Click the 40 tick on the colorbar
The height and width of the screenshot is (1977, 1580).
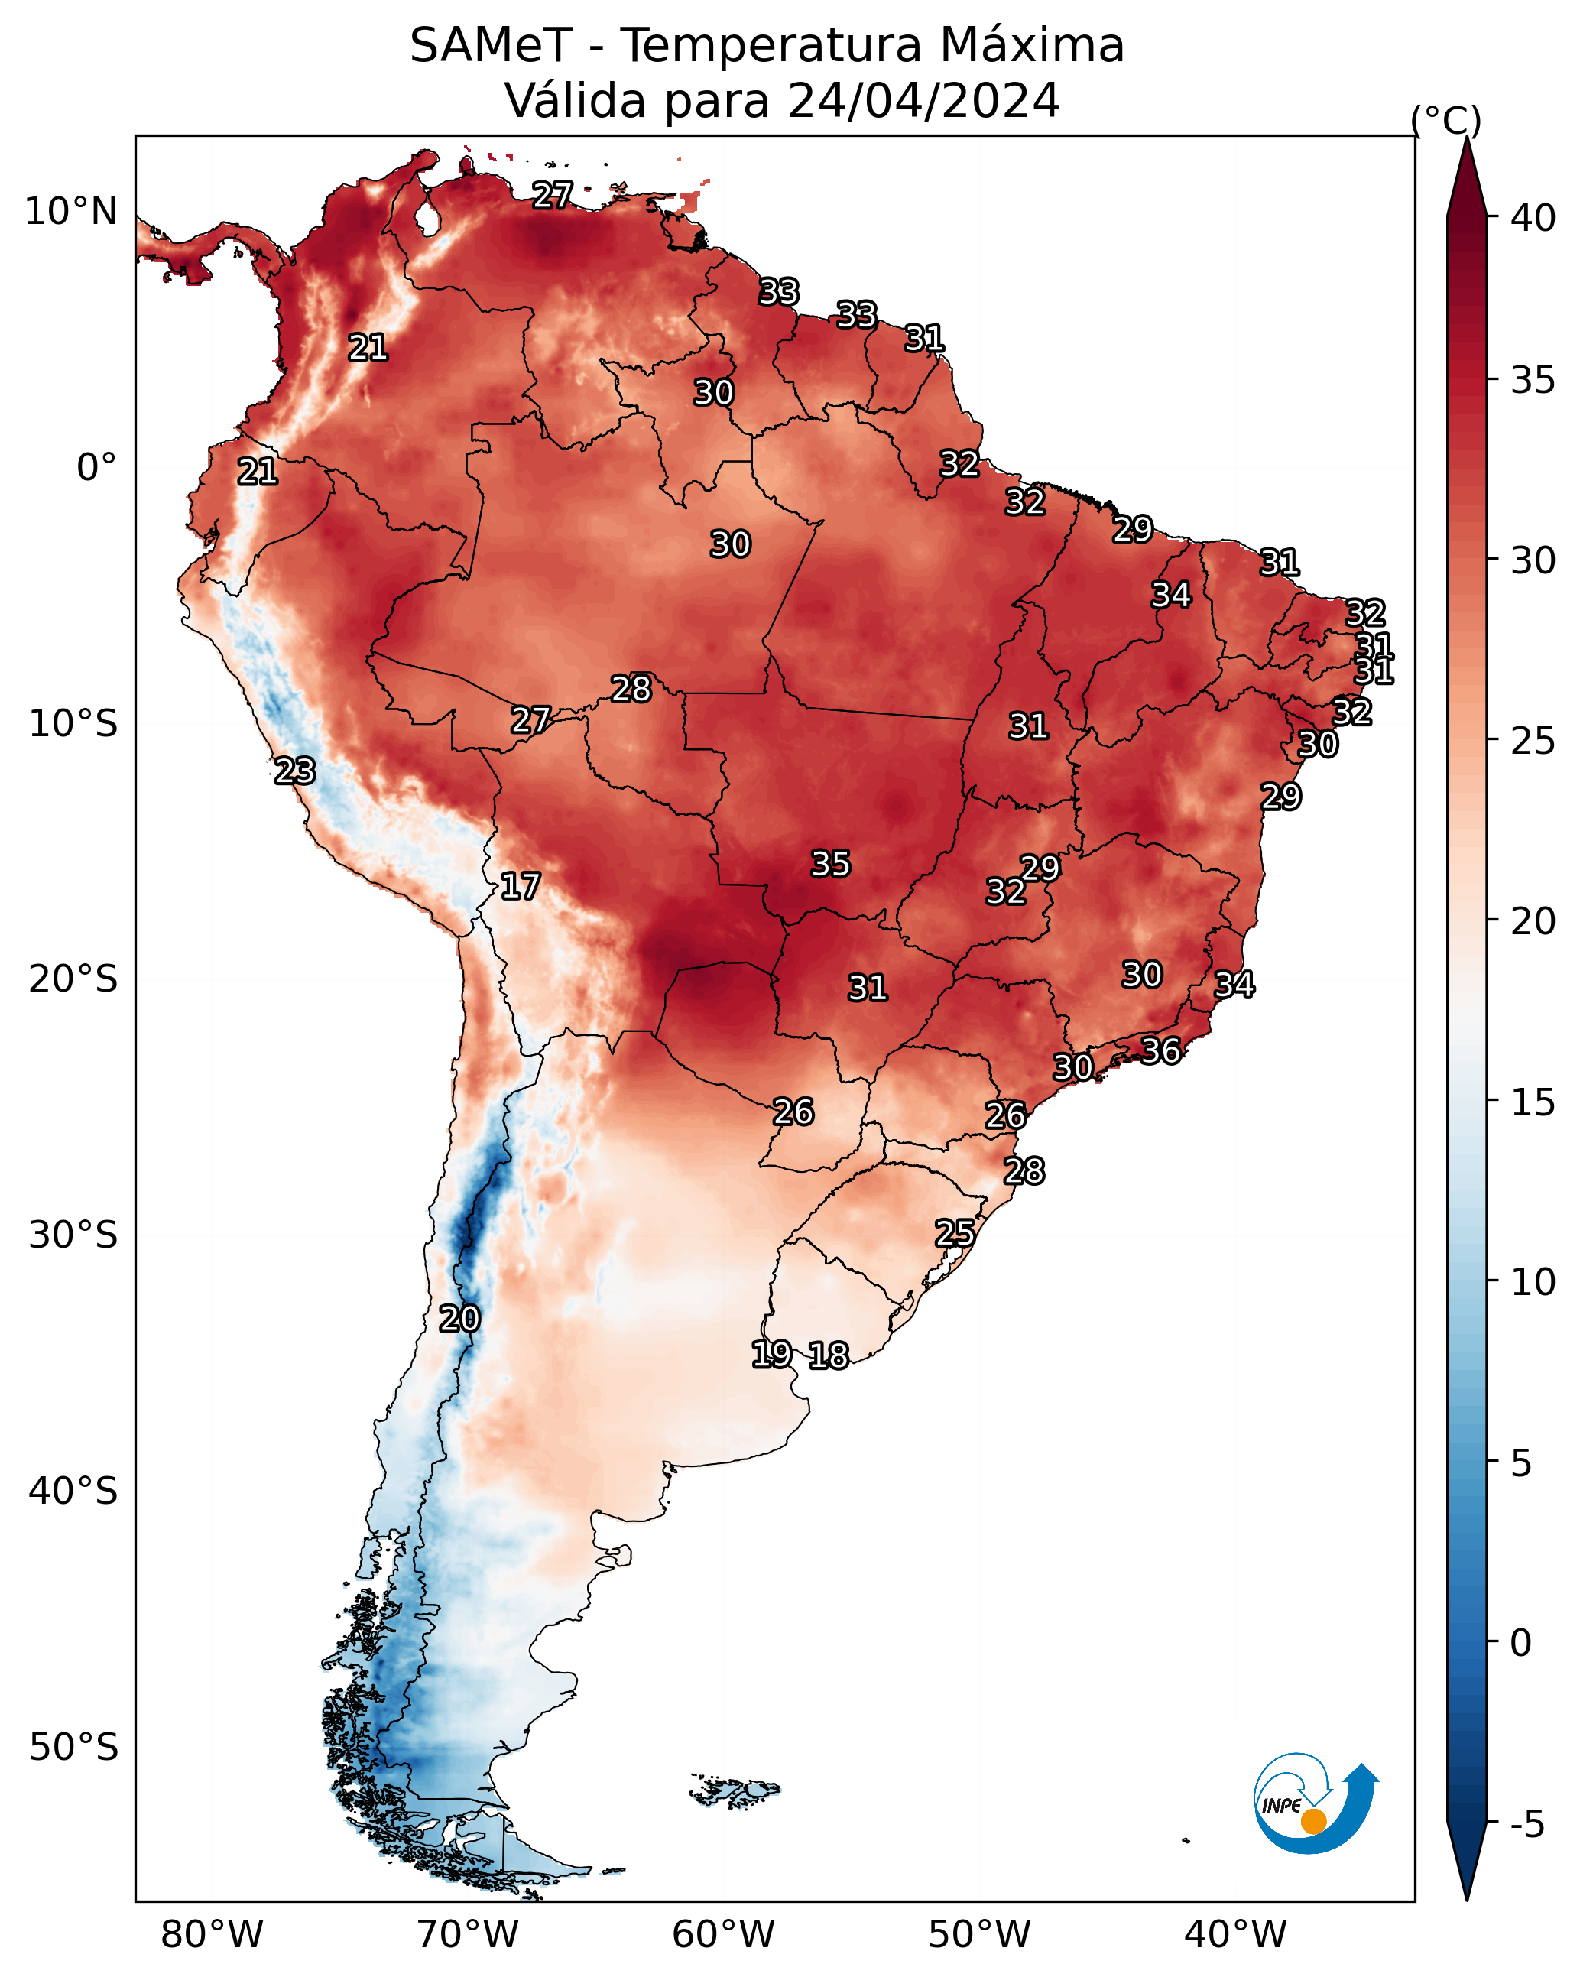point(1533,218)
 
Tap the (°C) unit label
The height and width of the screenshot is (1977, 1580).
point(1446,120)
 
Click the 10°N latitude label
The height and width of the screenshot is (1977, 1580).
point(70,212)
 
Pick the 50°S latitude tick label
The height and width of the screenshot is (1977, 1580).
point(73,1748)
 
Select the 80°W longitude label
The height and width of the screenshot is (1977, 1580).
point(212,1935)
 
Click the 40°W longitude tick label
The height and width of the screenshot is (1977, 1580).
point(1235,1935)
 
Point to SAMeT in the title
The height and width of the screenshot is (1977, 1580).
point(491,46)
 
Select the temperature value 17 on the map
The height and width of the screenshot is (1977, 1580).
point(520,886)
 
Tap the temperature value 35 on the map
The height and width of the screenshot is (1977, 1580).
point(831,864)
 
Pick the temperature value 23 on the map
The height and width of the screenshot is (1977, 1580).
point(295,771)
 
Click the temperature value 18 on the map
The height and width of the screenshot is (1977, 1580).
point(829,1355)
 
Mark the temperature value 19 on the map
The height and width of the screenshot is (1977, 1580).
point(771,1353)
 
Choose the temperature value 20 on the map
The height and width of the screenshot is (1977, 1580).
point(459,1319)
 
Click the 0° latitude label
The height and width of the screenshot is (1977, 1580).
point(96,468)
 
